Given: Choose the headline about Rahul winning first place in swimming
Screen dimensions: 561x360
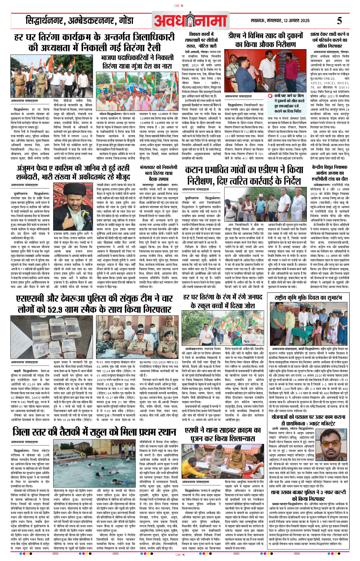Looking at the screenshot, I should tap(94, 431).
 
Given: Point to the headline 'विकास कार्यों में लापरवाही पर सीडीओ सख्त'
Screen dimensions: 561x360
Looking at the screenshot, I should tap(201, 40).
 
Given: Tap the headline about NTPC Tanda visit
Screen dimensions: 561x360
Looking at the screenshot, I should tap(329, 172).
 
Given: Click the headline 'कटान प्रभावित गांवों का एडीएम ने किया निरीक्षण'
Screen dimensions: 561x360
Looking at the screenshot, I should tap(243, 175).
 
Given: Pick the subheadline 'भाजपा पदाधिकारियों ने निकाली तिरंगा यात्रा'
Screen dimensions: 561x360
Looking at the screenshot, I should tap(137, 62).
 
